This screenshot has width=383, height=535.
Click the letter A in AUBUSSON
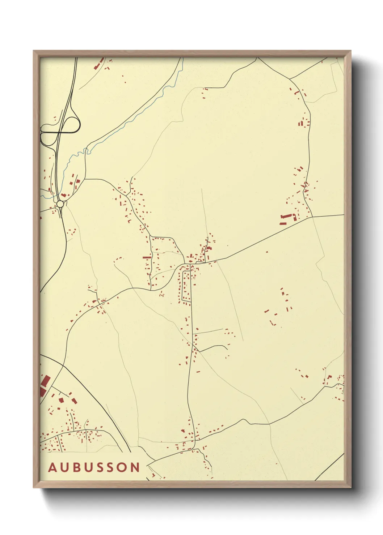(53, 467)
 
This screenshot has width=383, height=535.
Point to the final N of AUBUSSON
(135, 467)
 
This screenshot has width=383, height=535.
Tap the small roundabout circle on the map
(60, 204)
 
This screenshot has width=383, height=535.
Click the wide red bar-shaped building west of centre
(147, 257)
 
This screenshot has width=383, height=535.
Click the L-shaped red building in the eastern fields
(272, 322)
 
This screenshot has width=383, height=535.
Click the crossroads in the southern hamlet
(195, 440)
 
